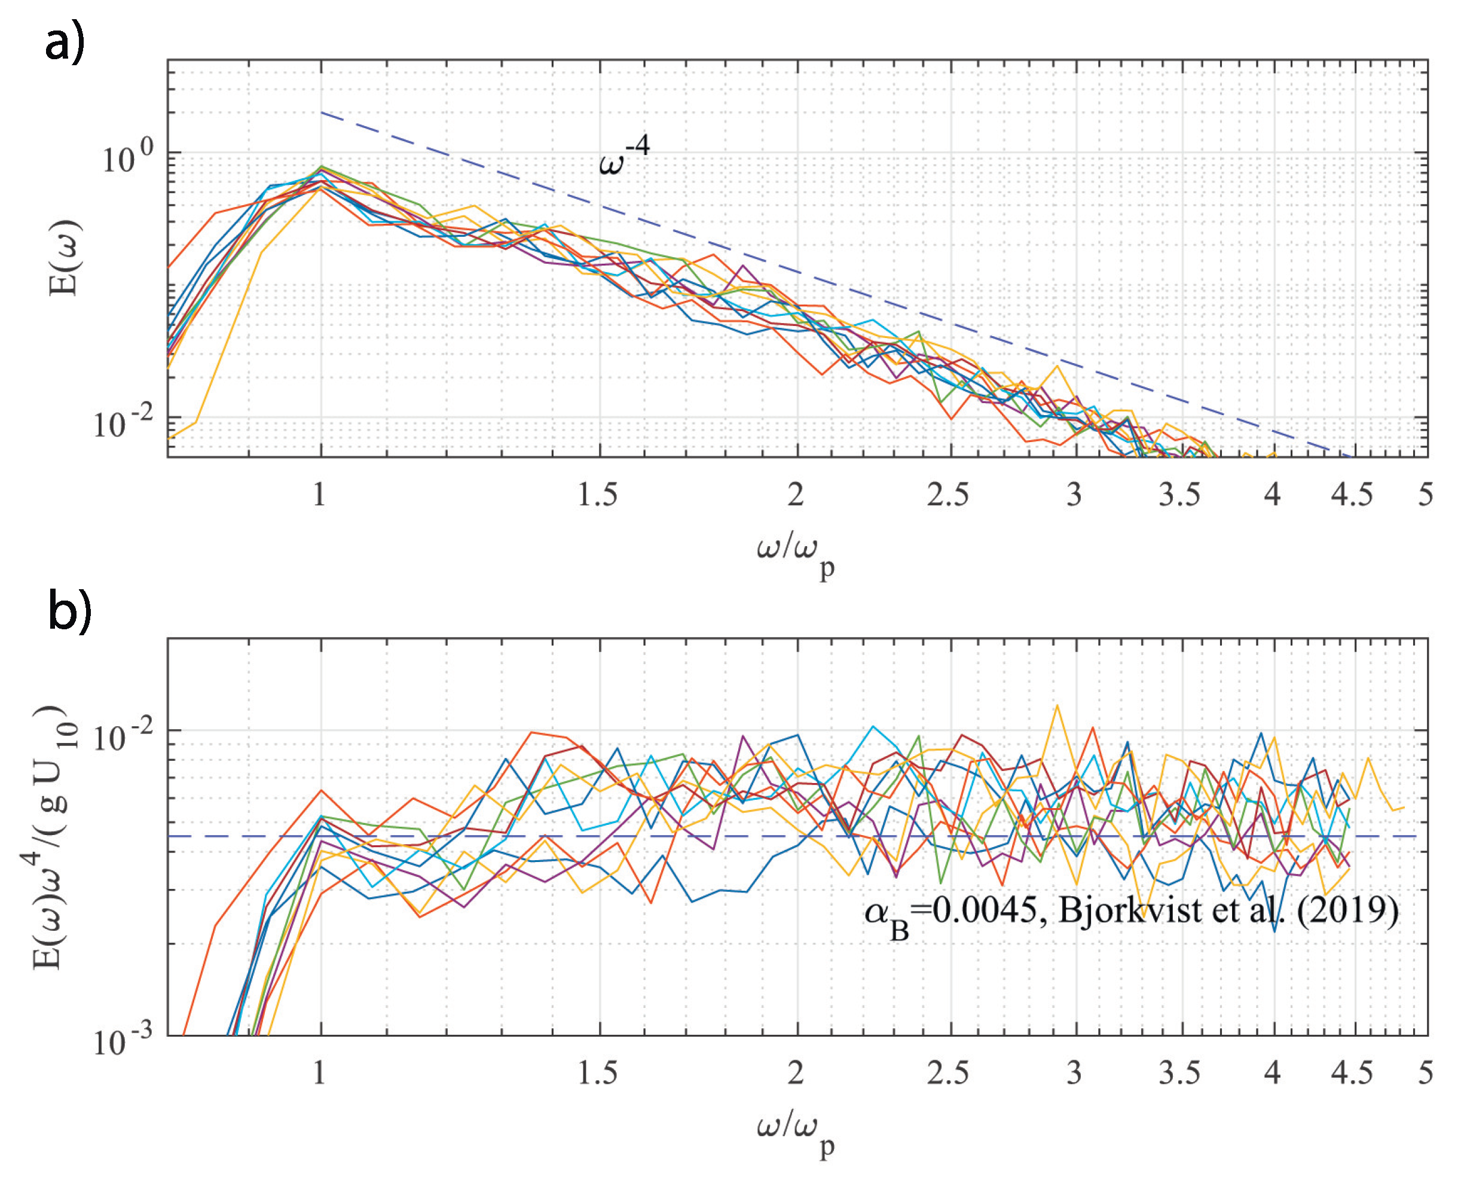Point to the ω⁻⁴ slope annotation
(x=623, y=156)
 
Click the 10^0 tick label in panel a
(x=127, y=158)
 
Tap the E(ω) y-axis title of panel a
(x=65, y=258)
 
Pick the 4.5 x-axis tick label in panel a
(x=1352, y=495)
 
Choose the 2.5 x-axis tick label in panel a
(x=947, y=495)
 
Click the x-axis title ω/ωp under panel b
(x=795, y=1131)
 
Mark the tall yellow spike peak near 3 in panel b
(x=1057, y=706)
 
